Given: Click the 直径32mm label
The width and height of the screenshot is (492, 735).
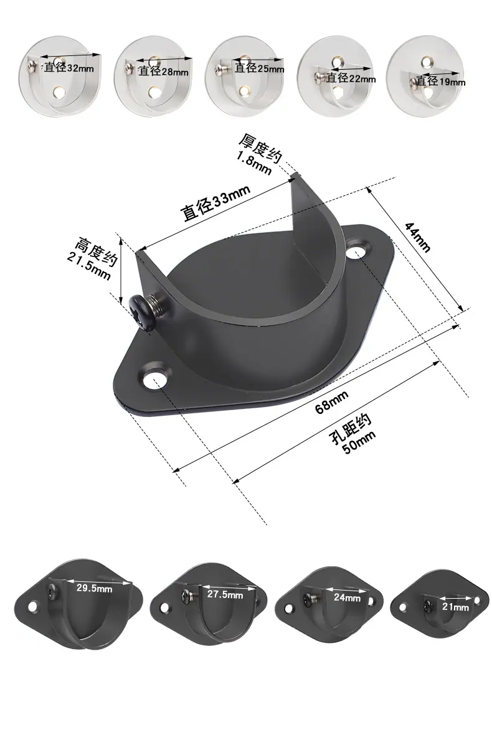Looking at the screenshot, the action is click(69, 67).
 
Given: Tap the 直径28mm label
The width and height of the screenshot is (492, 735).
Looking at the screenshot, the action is click(163, 71).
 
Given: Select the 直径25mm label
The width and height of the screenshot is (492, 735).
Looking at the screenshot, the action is click(259, 68).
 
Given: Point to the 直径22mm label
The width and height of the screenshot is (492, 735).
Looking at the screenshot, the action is click(351, 78).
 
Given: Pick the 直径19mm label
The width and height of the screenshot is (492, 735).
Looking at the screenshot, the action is click(441, 82).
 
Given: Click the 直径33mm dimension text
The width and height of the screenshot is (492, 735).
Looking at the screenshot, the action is click(215, 202).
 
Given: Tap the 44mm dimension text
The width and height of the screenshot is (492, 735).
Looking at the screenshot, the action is click(417, 237).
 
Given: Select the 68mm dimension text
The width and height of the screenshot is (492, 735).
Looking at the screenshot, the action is click(331, 402).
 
